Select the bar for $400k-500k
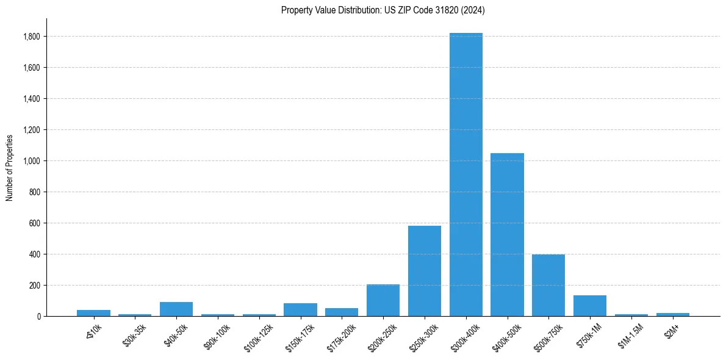(x=508, y=234)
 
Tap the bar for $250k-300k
(x=425, y=271)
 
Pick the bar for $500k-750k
(x=548, y=285)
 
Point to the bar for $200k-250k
(x=383, y=300)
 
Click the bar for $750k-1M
(x=590, y=306)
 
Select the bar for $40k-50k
(x=176, y=309)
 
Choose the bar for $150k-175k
(x=300, y=309)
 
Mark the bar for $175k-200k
(x=342, y=312)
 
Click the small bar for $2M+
(x=673, y=314)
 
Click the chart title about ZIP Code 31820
(x=383, y=10)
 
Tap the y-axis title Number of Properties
(x=10, y=167)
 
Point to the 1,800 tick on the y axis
(x=32, y=37)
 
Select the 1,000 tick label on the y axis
(x=32, y=161)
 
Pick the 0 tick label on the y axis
(x=39, y=317)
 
